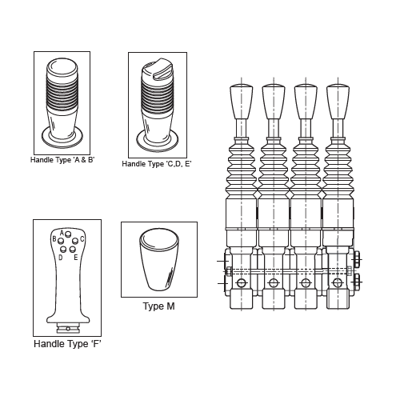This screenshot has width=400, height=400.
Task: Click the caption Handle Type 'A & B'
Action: pyautogui.click(x=62, y=160)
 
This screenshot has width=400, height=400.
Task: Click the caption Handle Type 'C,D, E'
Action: pyautogui.click(x=157, y=164)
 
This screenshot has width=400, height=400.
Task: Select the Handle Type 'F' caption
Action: pyautogui.click(x=67, y=344)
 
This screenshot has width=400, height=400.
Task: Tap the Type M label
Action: pyautogui.click(x=159, y=306)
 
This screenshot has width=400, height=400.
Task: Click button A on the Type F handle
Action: pyautogui.click(x=68, y=234)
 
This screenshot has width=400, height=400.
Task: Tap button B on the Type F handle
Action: pyautogui.click(x=61, y=242)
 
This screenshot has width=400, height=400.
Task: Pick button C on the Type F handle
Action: pyautogui.click(x=75, y=241)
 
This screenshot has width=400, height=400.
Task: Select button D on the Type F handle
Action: pyautogui.click(x=63, y=250)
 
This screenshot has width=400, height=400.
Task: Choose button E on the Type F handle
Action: pyautogui.click(x=73, y=250)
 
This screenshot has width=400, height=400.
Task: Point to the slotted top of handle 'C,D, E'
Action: pyautogui.click(x=158, y=70)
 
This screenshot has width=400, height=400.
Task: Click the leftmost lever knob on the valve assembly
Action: pyautogui.click(x=242, y=102)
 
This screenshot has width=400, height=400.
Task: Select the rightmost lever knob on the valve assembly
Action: pyautogui.click(x=338, y=102)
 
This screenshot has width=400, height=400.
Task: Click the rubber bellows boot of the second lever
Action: pyautogui.click(x=274, y=168)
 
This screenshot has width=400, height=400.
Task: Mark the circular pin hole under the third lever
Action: pyautogui.click(x=306, y=283)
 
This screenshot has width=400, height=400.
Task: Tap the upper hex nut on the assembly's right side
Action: pyautogui.click(x=356, y=258)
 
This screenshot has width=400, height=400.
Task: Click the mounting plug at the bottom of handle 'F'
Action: pyautogui.click(x=68, y=328)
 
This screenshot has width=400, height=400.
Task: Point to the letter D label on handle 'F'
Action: pyautogui.click(x=61, y=258)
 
